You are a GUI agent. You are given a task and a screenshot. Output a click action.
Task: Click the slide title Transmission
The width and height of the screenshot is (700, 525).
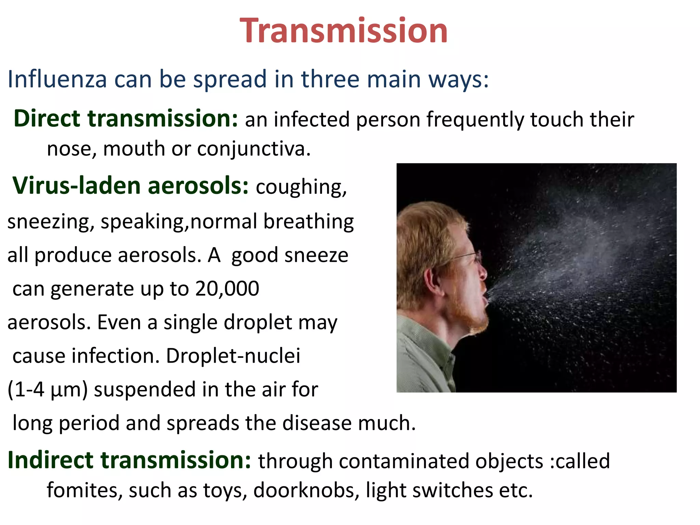344,31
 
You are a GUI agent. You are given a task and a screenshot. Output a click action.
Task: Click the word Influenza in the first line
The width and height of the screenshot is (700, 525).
57,79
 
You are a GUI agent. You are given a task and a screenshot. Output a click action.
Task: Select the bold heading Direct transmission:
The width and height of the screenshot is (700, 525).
125,119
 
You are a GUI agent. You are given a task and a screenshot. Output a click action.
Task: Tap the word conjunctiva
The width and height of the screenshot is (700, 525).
254,149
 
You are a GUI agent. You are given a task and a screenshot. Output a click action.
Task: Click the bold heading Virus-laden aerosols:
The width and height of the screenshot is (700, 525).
131,186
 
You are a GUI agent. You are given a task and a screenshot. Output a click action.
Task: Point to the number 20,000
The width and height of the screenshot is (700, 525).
227,288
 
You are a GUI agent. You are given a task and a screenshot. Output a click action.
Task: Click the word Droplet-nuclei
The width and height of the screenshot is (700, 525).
233,356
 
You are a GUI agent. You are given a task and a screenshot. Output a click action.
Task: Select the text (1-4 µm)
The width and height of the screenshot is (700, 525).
48,390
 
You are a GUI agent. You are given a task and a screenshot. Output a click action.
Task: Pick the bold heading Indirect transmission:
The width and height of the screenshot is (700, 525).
129,460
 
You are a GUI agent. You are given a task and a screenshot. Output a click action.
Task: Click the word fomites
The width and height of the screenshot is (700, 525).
84,490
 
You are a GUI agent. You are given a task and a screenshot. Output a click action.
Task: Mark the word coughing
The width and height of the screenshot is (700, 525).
301,187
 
